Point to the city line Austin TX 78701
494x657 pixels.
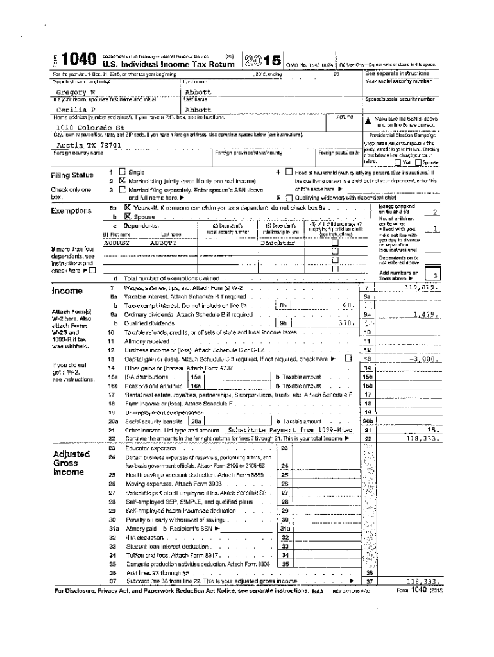76,145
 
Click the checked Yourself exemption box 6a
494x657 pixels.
127,208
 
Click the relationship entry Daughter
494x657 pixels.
277,243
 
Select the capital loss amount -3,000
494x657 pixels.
424,359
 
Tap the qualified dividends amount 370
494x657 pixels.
346,323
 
